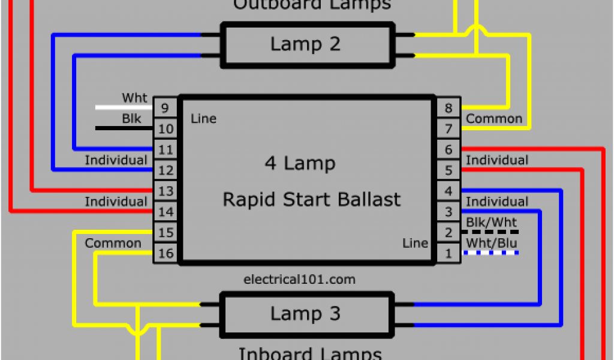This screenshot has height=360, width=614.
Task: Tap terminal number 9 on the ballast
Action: coord(165,108)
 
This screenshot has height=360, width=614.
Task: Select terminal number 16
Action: coord(165,253)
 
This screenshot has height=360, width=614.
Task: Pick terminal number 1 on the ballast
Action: coord(448,253)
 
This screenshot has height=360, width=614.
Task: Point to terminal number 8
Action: coord(448,108)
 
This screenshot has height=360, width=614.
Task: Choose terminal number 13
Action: coord(165,191)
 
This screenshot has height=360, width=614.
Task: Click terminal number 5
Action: coord(448,170)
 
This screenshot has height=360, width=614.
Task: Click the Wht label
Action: coord(135,97)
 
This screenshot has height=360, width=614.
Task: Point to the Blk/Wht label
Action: coord(491,223)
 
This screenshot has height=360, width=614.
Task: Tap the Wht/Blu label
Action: coord(491,243)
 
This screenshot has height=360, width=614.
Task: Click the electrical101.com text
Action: coord(300,279)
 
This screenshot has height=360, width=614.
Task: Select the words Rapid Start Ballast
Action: coord(311,199)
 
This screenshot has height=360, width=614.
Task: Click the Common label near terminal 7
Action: coord(494,119)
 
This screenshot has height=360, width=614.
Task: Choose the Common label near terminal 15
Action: coord(113,243)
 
